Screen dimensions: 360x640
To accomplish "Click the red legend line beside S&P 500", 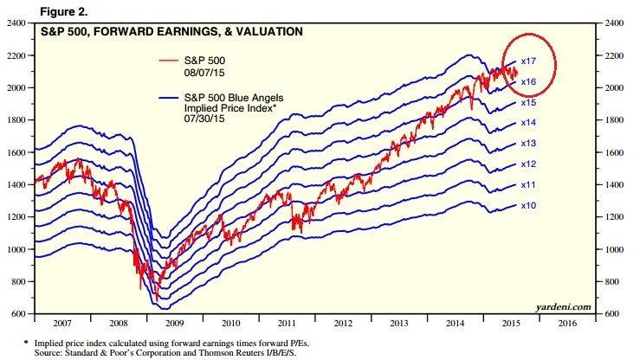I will [x=171, y=59].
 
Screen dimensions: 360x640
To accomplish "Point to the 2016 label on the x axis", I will [x=568, y=322].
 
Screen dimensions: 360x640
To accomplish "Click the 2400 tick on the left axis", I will [x=15, y=22].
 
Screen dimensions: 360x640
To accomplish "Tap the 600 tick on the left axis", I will [x=17, y=313].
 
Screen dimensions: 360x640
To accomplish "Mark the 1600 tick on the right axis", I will [x=622, y=151].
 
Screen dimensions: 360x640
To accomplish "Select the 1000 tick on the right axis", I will [x=622, y=248].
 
